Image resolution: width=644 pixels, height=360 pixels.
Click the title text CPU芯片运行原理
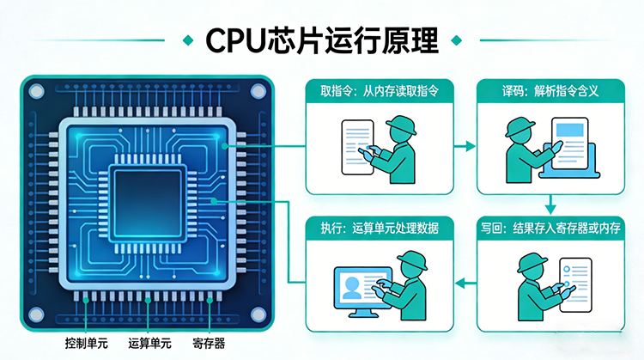pyautogui.click(x=322, y=40)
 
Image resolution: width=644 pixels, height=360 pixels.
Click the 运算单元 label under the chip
pyautogui.click(x=149, y=343)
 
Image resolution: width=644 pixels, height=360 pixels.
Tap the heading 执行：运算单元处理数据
pyautogui.click(x=379, y=228)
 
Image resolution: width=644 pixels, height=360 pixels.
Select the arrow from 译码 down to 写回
pyautogui.click(x=549, y=203)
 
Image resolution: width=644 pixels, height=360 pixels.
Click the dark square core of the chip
pyautogui.click(x=148, y=198)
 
